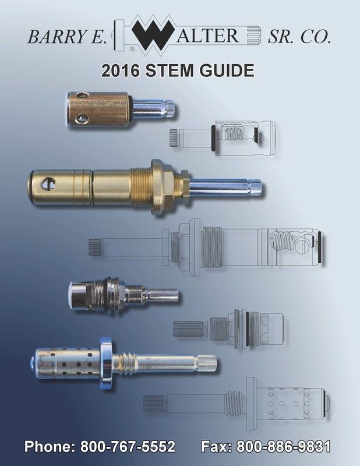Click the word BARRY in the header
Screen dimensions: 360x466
click(x=54, y=37)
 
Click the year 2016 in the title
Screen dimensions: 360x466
click(x=121, y=70)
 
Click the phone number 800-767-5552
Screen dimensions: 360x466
click(x=128, y=447)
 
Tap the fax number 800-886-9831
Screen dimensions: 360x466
click(x=284, y=447)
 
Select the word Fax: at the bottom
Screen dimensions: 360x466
click(x=217, y=447)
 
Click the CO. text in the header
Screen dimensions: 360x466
click(x=316, y=37)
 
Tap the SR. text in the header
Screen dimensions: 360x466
click(x=281, y=37)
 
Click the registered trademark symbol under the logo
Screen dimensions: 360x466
click(x=132, y=50)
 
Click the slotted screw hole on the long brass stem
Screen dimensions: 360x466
click(x=48, y=183)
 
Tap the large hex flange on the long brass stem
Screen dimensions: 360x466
click(x=157, y=188)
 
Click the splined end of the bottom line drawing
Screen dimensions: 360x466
click(x=153, y=404)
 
